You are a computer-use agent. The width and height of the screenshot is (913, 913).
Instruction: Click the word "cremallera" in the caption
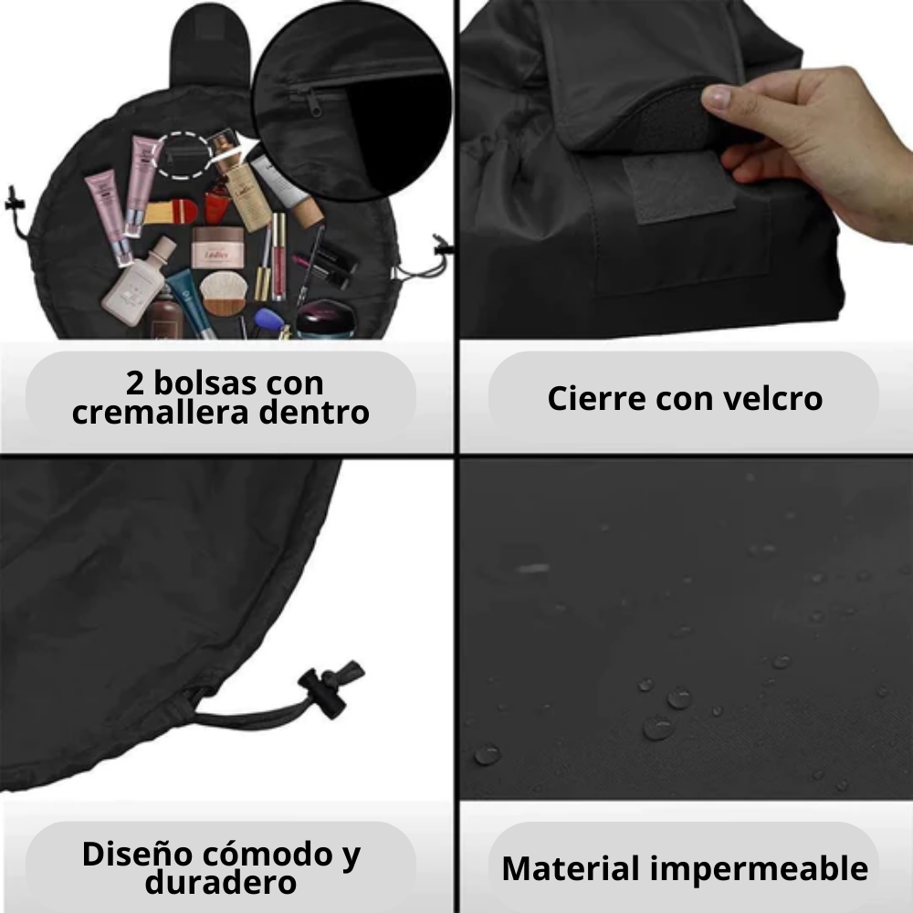click(161, 413)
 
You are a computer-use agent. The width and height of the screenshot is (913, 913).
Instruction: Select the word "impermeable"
click(759, 869)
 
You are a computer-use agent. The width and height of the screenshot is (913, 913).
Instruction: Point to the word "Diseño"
click(136, 855)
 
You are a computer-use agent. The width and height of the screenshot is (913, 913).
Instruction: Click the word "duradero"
click(221, 882)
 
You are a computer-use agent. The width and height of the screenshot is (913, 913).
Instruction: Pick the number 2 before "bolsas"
click(134, 383)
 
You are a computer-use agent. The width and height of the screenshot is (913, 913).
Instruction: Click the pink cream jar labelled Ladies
click(218, 247)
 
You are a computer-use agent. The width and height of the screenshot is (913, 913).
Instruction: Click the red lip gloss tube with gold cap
click(280, 257)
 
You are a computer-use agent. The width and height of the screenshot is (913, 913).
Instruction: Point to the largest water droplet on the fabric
click(658, 728)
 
